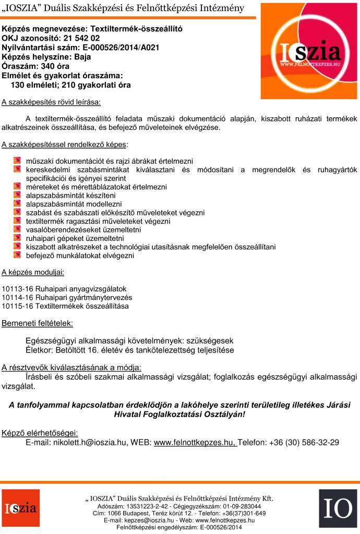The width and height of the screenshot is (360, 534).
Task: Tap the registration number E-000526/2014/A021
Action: click(x=119, y=47)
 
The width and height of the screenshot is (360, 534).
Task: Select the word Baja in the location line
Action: click(x=82, y=57)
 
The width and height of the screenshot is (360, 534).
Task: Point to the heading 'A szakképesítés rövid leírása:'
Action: click(x=51, y=101)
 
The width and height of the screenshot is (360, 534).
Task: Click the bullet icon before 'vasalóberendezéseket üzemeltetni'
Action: click(x=17, y=229)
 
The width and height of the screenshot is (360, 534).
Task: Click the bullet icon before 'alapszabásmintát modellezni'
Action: click(x=17, y=204)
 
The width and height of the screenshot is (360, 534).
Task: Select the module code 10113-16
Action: click(x=17, y=289)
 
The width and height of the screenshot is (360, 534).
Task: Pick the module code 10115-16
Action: click(x=17, y=306)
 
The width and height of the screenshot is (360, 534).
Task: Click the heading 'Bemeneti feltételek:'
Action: click(x=38, y=323)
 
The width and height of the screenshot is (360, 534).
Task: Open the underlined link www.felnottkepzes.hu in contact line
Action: click(x=195, y=443)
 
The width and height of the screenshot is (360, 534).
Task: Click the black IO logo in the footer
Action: click(x=338, y=508)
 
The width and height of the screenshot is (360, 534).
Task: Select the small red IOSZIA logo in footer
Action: click(x=20, y=508)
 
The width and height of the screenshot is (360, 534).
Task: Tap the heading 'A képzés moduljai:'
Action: click(x=33, y=272)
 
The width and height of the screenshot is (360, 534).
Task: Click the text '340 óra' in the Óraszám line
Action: click(x=55, y=66)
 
